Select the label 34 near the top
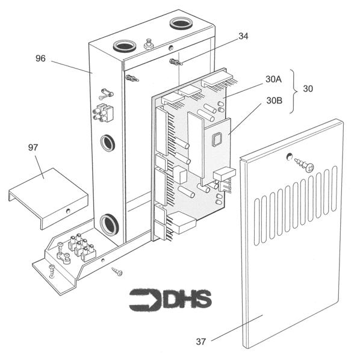243,36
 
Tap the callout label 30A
273,79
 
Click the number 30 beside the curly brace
308,88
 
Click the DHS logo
170,299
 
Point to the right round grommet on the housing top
179,23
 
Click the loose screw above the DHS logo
116,272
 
